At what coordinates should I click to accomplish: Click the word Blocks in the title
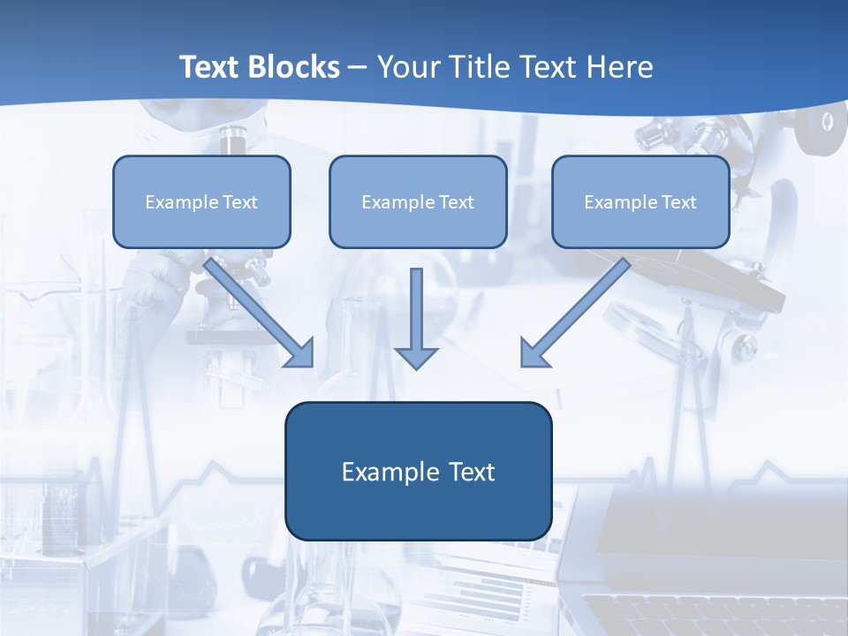[295, 67]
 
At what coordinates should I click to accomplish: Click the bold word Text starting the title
[212, 67]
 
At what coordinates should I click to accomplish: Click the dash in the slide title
[358, 68]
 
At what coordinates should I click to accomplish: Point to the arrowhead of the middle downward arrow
[416, 357]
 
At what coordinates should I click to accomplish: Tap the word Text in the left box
[240, 202]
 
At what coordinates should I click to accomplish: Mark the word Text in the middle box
[457, 202]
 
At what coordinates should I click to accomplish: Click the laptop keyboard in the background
[715, 614]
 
